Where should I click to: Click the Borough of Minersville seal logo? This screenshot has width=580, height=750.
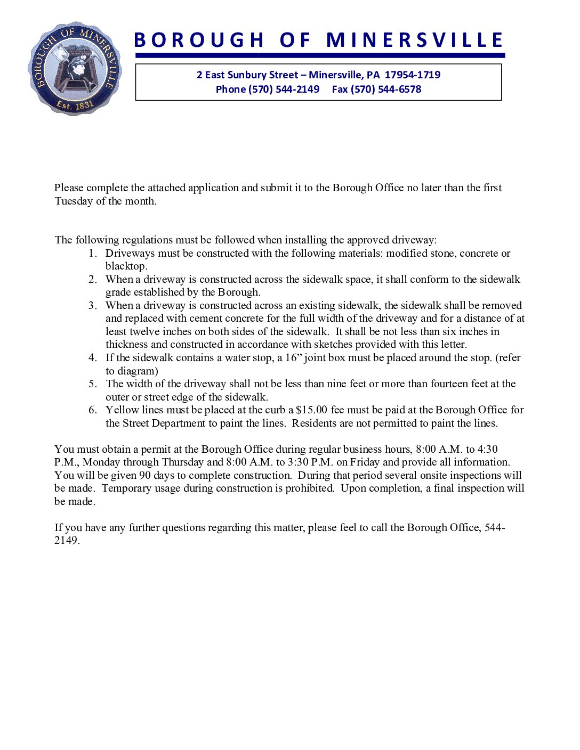pos(75,68)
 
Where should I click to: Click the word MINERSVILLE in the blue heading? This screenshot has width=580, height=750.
pos(414,40)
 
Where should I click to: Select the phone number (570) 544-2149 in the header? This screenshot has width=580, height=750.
pos(284,89)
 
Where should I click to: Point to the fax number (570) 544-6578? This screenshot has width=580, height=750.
pos(386,89)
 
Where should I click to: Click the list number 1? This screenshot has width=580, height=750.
pos(93,254)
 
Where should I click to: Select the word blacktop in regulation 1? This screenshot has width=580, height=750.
pos(126,266)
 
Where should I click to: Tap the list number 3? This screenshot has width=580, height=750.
pos(93,306)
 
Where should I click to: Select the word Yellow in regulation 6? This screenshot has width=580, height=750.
pos(122,410)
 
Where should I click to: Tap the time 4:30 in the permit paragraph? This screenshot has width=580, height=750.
pos(488,450)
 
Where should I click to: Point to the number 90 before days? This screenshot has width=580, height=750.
pos(145,476)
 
